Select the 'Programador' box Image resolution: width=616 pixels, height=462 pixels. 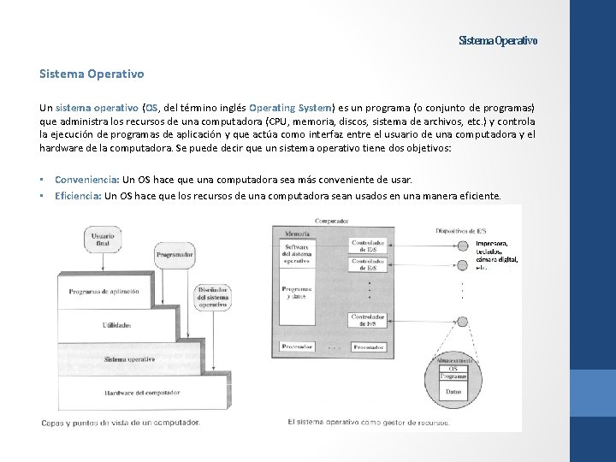174,254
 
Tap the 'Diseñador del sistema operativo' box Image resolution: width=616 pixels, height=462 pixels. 212,296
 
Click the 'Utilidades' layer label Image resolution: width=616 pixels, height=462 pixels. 116,325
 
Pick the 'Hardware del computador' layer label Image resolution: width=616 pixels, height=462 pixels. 143,393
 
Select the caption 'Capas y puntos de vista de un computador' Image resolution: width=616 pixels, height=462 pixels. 121,423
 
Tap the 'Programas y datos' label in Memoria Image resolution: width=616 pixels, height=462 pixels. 297,292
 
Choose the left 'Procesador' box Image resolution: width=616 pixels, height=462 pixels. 298,347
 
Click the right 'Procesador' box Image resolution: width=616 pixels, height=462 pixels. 369,347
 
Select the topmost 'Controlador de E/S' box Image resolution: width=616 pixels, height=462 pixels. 368,246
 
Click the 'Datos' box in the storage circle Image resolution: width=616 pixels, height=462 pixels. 453,392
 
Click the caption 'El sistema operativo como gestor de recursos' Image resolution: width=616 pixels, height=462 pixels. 369,422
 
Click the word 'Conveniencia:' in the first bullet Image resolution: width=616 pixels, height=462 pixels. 87,180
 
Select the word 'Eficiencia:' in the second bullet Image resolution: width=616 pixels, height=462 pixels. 79,196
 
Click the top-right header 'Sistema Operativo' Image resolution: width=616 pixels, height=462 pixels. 498,41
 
